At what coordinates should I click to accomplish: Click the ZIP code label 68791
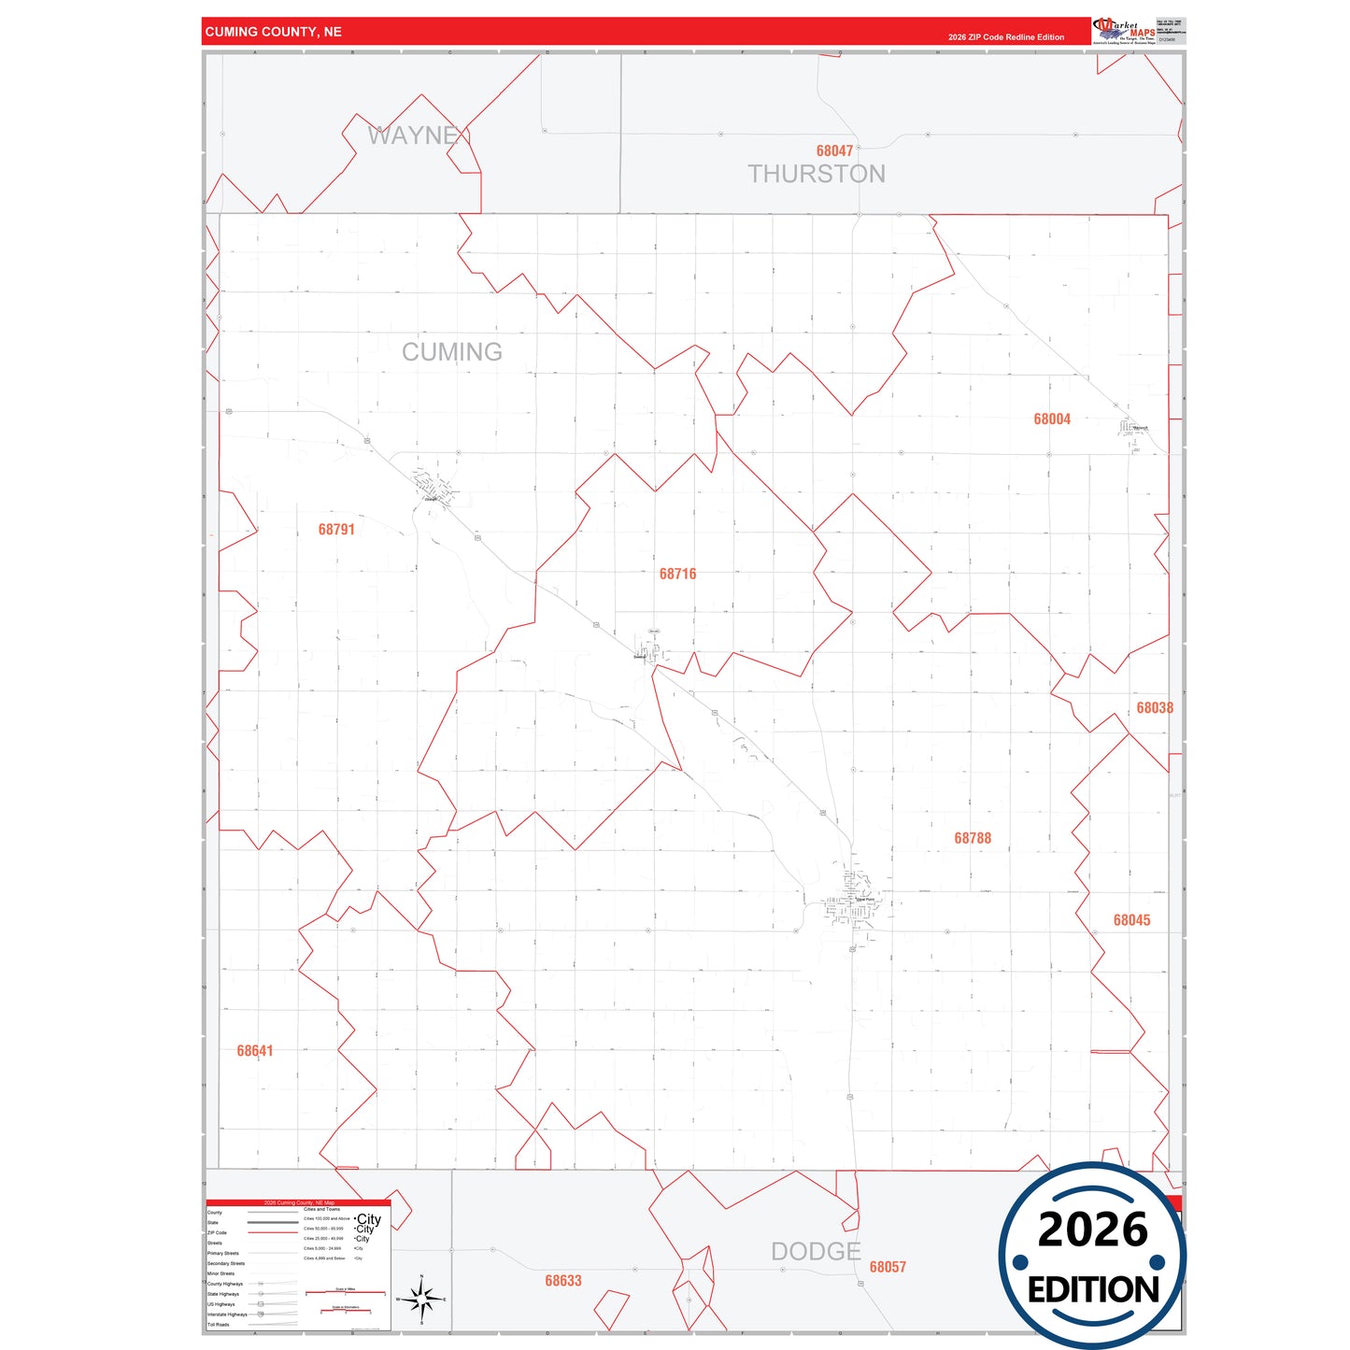click(336, 530)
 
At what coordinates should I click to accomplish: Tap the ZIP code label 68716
click(677, 574)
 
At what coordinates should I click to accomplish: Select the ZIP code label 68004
click(1052, 419)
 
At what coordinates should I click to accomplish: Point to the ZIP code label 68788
click(973, 838)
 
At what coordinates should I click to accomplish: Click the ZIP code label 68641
click(255, 1051)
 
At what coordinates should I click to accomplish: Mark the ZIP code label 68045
click(1131, 920)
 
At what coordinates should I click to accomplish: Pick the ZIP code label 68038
click(1155, 708)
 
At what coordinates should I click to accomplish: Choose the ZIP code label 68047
click(834, 151)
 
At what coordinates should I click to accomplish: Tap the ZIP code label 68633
click(563, 1281)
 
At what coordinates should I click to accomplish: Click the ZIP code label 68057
click(888, 1267)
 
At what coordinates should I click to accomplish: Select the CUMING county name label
click(452, 352)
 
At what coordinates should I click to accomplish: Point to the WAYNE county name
click(413, 136)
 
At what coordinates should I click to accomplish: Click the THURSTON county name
click(817, 175)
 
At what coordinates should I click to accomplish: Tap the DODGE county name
click(816, 1252)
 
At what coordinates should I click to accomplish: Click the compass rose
click(421, 1299)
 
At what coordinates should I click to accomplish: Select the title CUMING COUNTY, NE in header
click(274, 32)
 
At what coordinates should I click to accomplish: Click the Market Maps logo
click(1124, 31)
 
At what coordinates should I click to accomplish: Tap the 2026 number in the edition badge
click(1092, 1229)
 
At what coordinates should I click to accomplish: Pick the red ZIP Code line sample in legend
click(273, 1232)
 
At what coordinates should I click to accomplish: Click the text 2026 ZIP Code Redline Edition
click(1006, 37)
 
